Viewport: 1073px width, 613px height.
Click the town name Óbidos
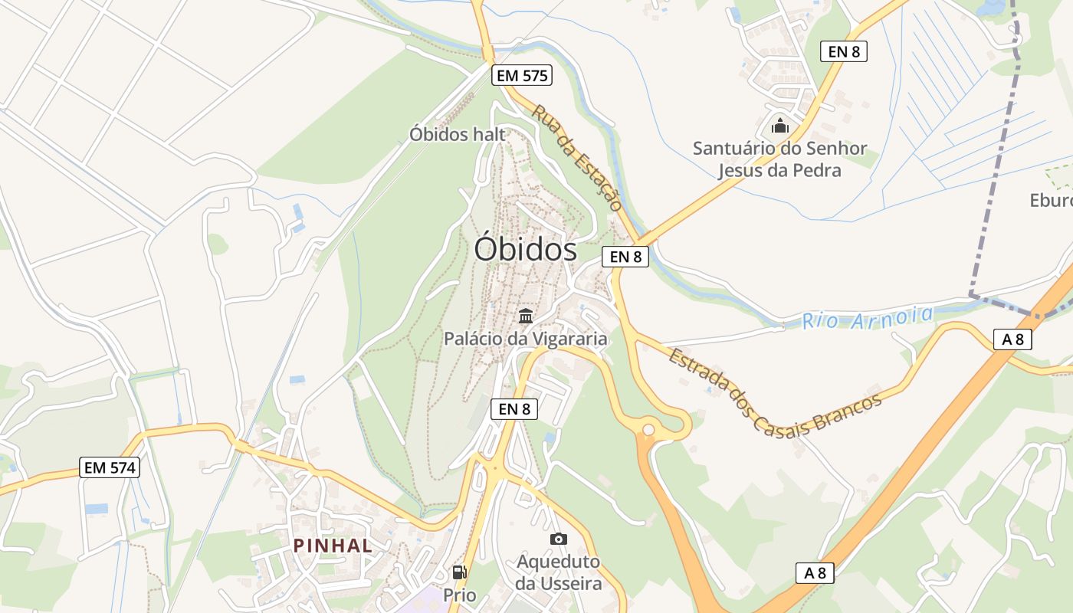pyautogui.click(x=525, y=249)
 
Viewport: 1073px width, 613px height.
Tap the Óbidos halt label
pyautogui.click(x=458, y=134)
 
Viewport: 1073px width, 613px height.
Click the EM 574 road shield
pyautogui.click(x=110, y=467)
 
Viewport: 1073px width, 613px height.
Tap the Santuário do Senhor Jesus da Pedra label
pyautogui.click(x=779, y=159)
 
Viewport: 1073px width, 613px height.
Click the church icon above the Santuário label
pyautogui.click(x=780, y=125)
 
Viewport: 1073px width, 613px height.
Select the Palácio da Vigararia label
pyautogui.click(x=526, y=338)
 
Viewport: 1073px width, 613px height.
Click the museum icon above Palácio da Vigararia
pyautogui.click(x=526, y=315)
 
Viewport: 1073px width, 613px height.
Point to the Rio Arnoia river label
pyautogui.click(x=868, y=317)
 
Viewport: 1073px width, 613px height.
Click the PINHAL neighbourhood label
pyautogui.click(x=333, y=546)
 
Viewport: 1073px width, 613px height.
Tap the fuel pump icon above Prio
pyautogui.click(x=459, y=572)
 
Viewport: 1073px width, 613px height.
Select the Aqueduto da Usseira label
pyautogui.click(x=559, y=572)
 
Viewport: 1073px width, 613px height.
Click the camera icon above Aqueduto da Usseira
pyautogui.click(x=559, y=539)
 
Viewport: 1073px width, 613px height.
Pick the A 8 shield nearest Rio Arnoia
pyautogui.click(x=1012, y=339)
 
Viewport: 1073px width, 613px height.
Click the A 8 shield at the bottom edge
pyautogui.click(x=814, y=572)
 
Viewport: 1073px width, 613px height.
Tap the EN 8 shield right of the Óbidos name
pyautogui.click(x=625, y=257)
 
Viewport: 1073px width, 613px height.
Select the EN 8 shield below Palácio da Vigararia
pyautogui.click(x=514, y=409)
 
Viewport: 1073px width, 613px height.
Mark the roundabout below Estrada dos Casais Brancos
pyautogui.click(x=648, y=429)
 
